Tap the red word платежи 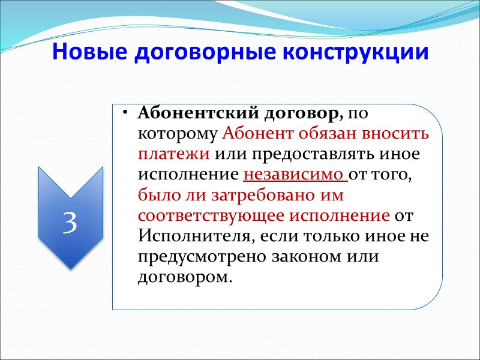point(173,154)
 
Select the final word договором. point(184,277)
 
